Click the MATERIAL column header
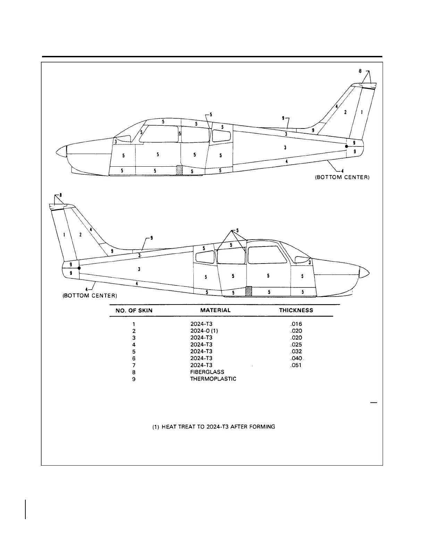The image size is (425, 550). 215,310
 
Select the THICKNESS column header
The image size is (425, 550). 296,310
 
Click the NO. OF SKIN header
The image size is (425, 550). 134,310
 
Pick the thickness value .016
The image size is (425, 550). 296,324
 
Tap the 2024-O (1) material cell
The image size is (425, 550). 204,331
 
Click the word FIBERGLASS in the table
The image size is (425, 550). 207,372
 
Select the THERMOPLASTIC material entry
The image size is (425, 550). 213,379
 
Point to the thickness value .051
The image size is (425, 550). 296,365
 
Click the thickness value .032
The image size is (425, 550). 296,351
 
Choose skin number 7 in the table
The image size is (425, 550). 134,365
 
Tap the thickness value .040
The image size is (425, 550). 296,358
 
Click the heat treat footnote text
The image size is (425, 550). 214,426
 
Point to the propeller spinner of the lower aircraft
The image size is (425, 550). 364,273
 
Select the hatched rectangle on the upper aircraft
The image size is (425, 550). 179,170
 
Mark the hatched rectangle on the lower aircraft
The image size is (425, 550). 248,291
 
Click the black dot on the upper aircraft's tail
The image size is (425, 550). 347,147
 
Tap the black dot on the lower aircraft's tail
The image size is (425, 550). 80,268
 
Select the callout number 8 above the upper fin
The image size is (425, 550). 360,71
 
